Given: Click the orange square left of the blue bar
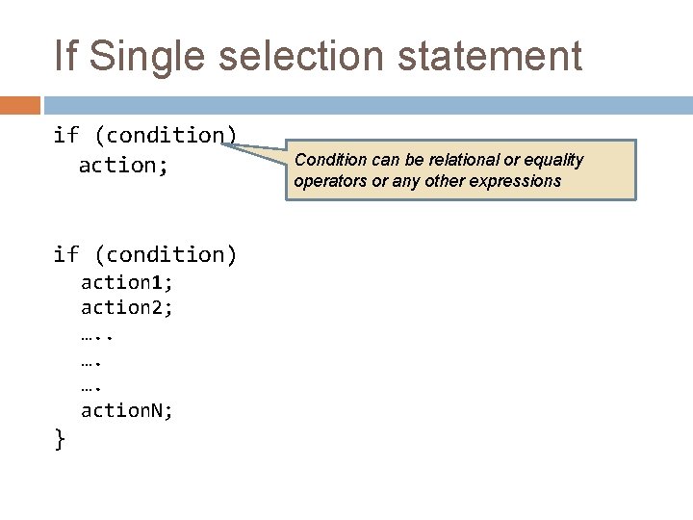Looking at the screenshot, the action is coord(19,105).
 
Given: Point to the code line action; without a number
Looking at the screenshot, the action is coord(123,166).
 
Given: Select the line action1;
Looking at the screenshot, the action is coord(127,283).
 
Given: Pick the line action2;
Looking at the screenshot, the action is coord(127,308).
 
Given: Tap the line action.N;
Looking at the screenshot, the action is coord(127,411).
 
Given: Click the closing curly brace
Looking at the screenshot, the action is coord(60,440).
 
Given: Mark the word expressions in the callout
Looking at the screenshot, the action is coord(516,181).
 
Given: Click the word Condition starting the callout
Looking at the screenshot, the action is coord(329,160).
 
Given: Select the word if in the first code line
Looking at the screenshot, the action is coord(65,136).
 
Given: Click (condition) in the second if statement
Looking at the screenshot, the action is coord(164,255).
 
